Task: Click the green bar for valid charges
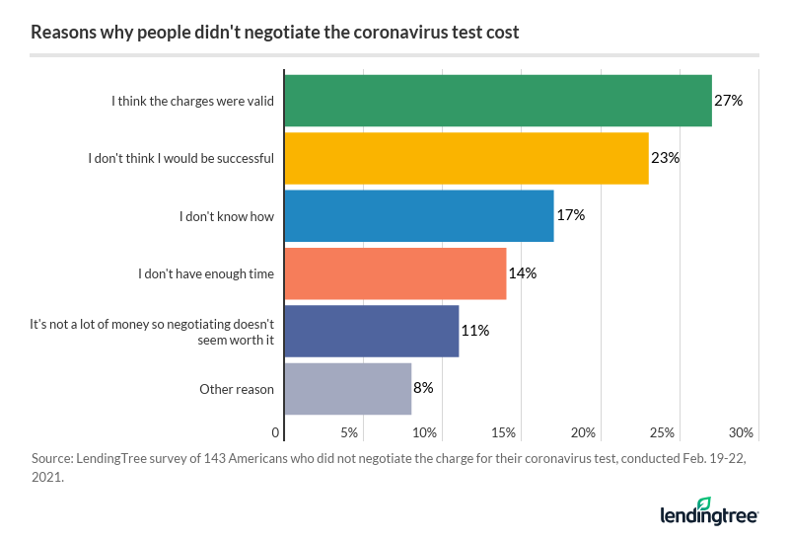[498, 100]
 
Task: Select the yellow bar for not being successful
[466, 158]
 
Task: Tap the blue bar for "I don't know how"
[419, 215]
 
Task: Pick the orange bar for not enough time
[395, 272]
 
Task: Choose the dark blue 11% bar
[372, 331]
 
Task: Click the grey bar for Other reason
[348, 388]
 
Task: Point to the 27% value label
[729, 101]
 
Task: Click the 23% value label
[666, 158]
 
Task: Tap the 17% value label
[571, 215]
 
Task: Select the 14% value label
[524, 272]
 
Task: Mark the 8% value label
[424, 388]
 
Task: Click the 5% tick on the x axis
[348, 432]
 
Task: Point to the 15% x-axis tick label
[503, 432]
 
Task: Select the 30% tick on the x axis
[741, 432]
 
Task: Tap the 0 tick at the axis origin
[276, 432]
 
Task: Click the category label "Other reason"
[237, 389]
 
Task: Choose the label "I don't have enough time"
[206, 273]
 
